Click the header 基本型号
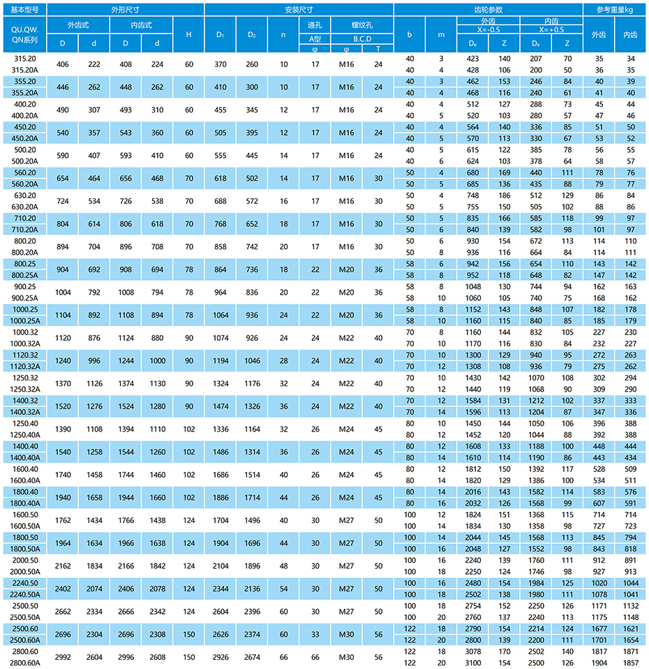pyautogui.click(x=24, y=10)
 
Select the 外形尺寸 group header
pyautogui.click(x=126, y=10)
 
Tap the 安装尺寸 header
pyautogui.click(x=299, y=10)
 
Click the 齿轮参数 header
pyautogui.click(x=488, y=10)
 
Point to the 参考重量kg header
pyautogui.click(x=615, y=10)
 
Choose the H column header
pyautogui.click(x=188, y=34)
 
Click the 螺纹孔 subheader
pyautogui.click(x=362, y=24)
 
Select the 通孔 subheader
pyautogui.click(x=315, y=24)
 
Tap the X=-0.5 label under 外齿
pyautogui.click(x=488, y=31)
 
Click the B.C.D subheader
pyautogui.click(x=362, y=38)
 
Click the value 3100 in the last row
pyautogui.click(x=472, y=662)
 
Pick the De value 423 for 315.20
pyautogui.click(x=472, y=59)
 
